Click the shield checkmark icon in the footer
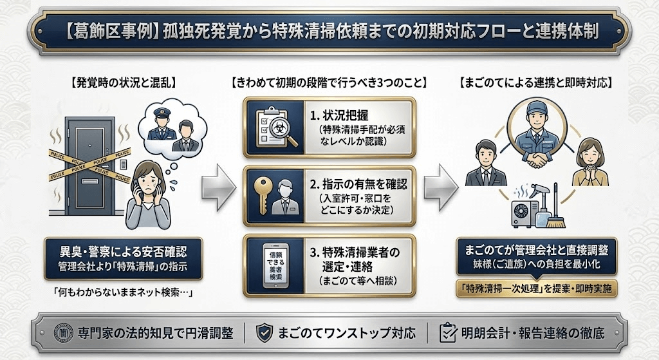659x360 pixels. (x=263, y=332)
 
